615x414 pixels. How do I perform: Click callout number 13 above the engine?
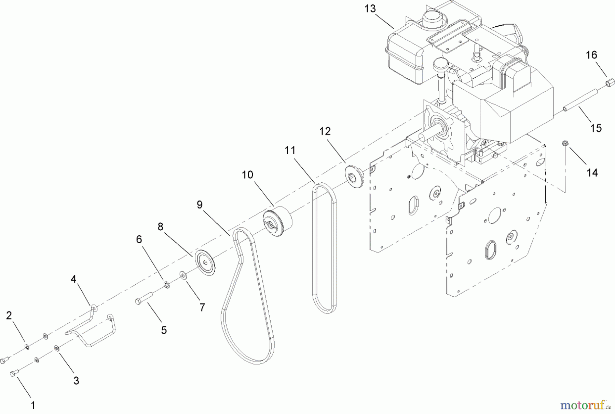tap(370, 9)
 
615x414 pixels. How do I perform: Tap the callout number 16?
tap(591, 55)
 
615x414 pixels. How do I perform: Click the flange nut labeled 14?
tap(565, 144)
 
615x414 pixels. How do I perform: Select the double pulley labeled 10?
tap(277, 222)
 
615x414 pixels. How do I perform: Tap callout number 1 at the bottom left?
tap(33, 406)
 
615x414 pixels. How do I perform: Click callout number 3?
tap(76, 381)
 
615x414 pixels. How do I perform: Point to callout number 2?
tap(9, 315)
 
